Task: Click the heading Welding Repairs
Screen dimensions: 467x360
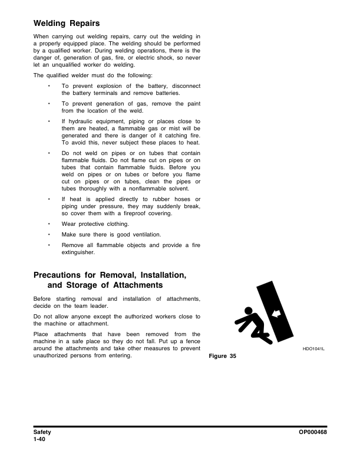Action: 67,24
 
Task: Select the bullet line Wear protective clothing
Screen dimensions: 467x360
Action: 95,225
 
